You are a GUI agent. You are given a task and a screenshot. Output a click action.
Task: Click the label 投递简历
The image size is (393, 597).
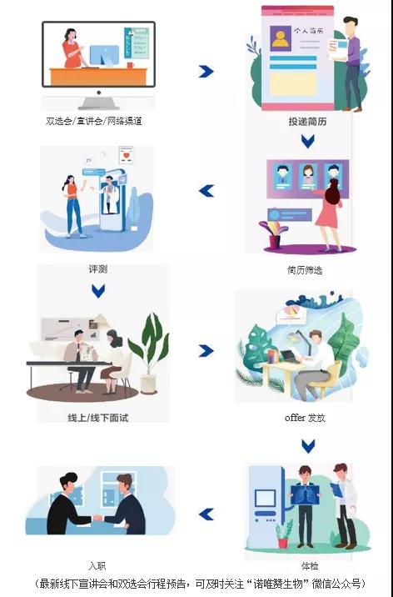307,122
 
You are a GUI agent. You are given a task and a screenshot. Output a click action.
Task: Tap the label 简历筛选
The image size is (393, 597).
305,270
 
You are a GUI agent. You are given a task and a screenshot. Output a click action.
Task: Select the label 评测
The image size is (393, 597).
98,269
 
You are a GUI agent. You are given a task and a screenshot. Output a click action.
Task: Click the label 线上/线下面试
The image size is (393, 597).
98,418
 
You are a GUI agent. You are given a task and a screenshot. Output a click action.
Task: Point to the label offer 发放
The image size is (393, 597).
305,418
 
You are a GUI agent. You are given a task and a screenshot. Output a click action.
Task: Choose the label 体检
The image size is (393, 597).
310,566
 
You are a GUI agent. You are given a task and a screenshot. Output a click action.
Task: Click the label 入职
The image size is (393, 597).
97,566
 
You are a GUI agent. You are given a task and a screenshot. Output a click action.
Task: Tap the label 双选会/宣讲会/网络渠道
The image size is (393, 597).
94,122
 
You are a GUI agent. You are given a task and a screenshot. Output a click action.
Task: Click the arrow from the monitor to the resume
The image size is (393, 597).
206,71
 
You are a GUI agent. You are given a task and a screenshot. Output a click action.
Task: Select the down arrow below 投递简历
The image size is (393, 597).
308,141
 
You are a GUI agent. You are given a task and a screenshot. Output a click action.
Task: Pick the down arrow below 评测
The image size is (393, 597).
98,291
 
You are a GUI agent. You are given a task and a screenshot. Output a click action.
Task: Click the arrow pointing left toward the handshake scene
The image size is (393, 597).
206,514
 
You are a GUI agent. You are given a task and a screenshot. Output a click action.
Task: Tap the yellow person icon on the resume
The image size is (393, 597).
281,39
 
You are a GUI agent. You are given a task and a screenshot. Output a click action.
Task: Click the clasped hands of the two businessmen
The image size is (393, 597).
98,518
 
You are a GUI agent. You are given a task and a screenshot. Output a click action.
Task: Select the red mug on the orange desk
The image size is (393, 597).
131,66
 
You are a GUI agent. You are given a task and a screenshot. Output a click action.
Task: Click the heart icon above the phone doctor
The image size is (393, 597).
127,155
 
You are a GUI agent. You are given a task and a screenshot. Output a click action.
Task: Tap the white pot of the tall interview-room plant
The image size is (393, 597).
148,384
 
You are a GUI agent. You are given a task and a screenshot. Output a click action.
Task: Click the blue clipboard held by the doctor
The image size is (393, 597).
336,490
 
